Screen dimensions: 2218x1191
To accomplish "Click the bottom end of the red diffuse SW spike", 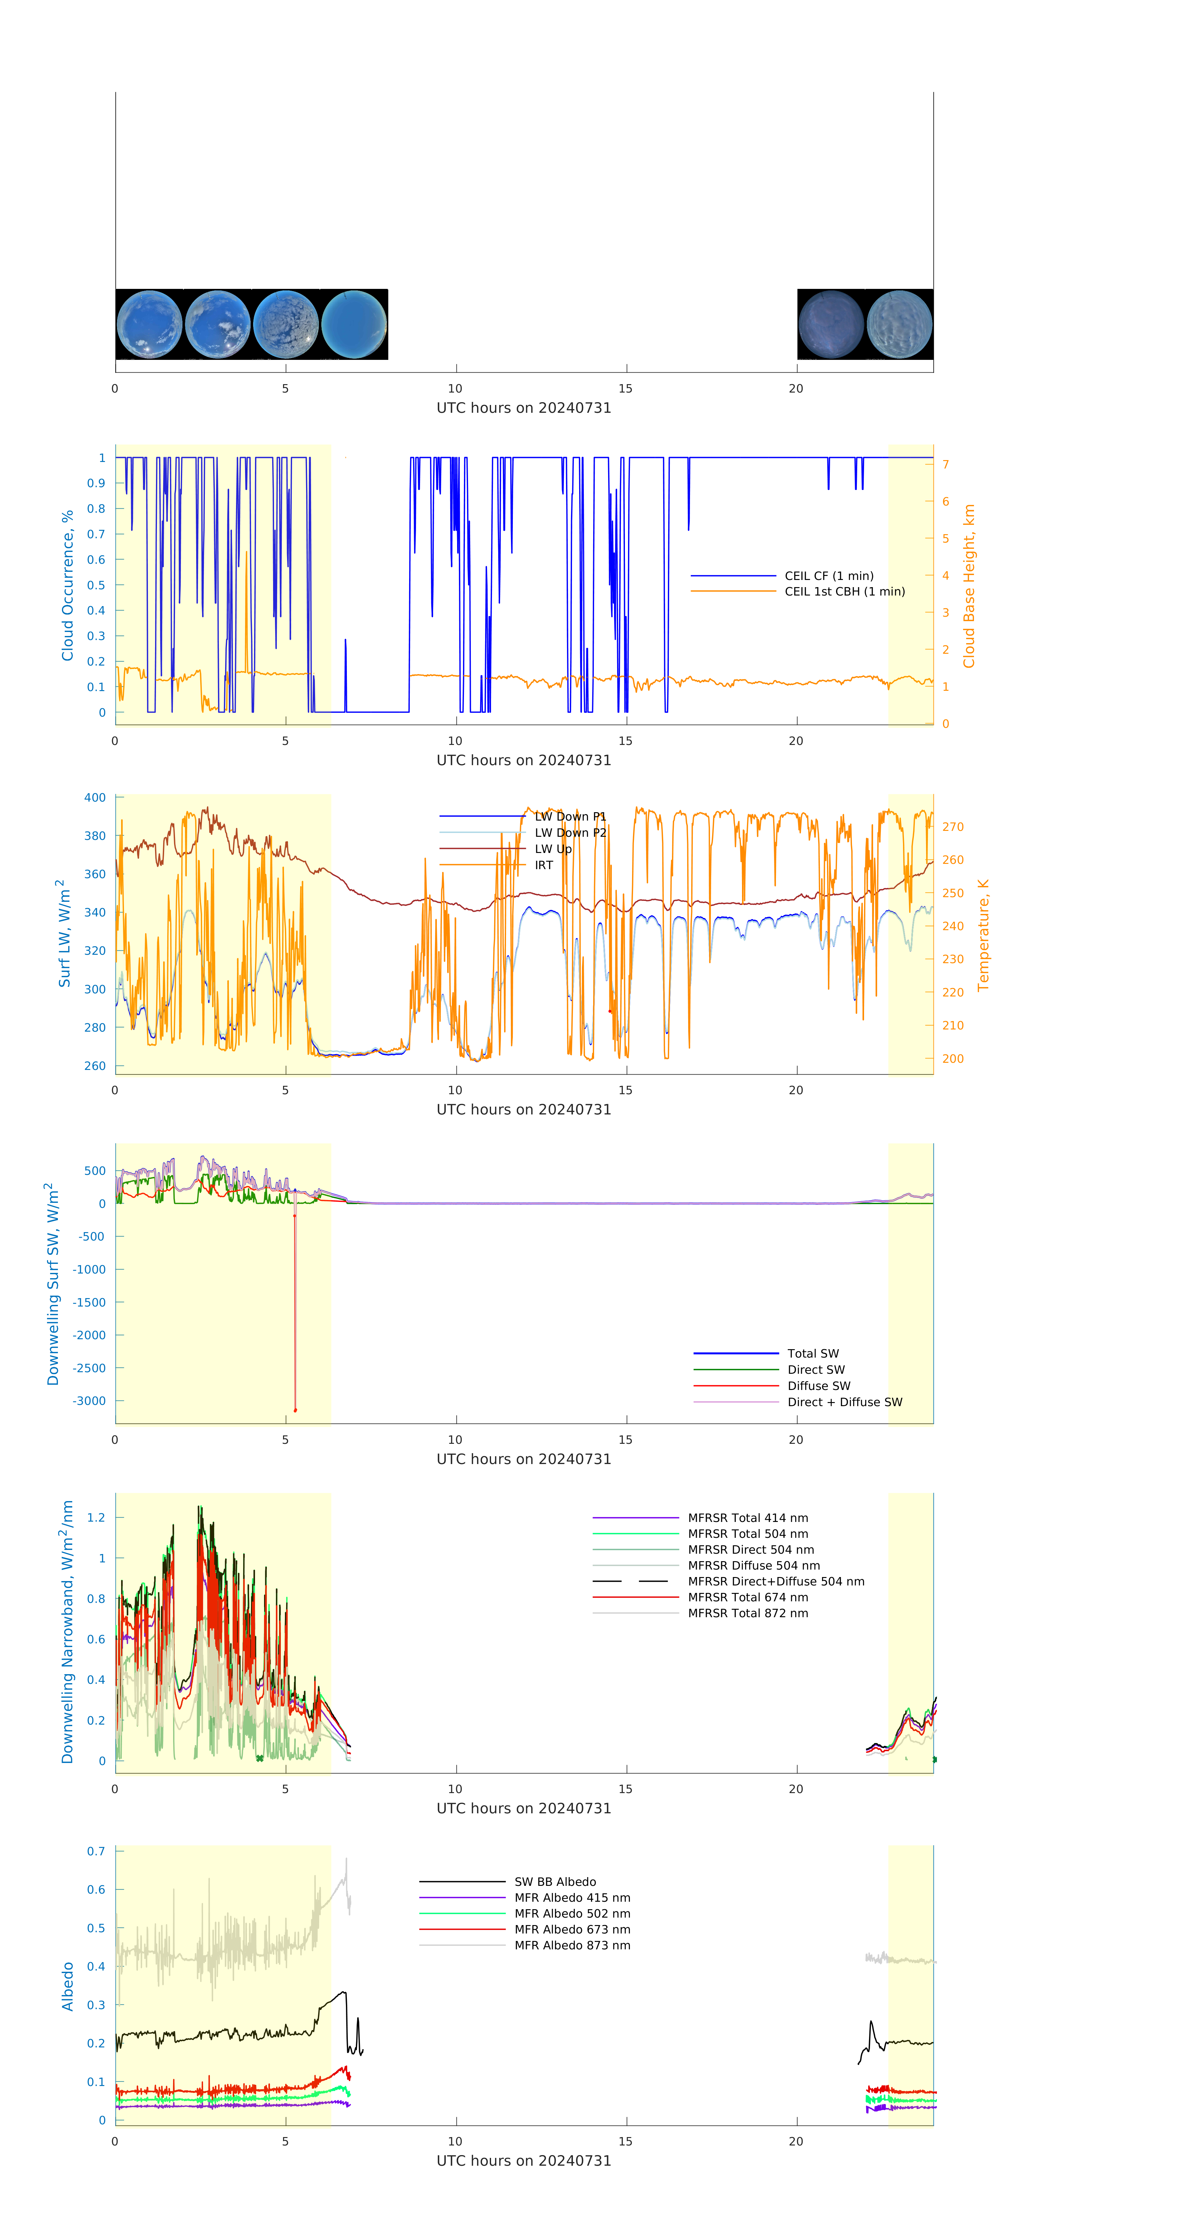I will [295, 1410].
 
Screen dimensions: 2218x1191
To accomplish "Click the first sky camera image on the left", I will [149, 325].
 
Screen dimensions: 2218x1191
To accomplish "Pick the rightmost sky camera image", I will [899, 325].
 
